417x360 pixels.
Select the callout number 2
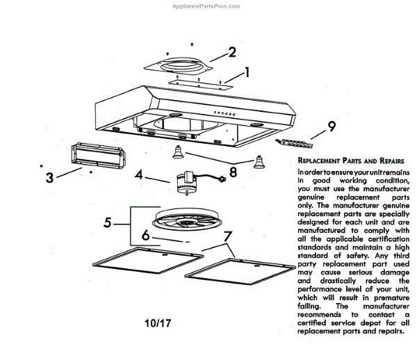(x=232, y=51)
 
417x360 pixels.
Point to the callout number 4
(x=139, y=174)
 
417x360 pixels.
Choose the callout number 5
(x=107, y=223)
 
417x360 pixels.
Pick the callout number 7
(x=227, y=236)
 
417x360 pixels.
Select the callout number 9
(x=332, y=126)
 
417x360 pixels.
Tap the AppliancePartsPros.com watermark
(x=206, y=6)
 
